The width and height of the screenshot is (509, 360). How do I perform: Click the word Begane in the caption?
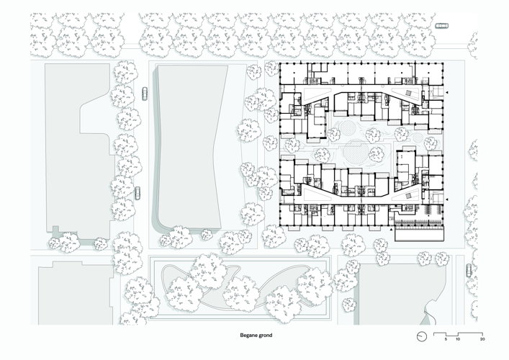(248, 336)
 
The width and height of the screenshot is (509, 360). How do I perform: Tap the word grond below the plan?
(265, 336)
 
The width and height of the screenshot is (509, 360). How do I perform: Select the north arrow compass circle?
(421, 336)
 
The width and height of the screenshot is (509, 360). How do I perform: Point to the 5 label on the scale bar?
(446, 339)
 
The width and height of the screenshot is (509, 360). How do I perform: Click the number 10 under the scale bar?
(458, 339)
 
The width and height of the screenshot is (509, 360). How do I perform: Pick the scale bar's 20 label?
(482, 339)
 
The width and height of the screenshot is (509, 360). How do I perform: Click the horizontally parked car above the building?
(441, 26)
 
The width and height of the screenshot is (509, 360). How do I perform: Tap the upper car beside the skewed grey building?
(145, 94)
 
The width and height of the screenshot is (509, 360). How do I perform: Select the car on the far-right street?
(469, 270)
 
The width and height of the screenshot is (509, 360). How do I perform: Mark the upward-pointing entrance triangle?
(392, 230)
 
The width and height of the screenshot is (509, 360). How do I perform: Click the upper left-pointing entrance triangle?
(447, 93)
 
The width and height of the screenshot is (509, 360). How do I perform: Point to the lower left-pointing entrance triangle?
(447, 199)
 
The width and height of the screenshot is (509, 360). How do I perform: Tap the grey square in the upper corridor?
(408, 93)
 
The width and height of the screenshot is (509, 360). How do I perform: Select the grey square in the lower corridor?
(408, 195)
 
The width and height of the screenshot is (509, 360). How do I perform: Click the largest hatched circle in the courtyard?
(356, 151)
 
